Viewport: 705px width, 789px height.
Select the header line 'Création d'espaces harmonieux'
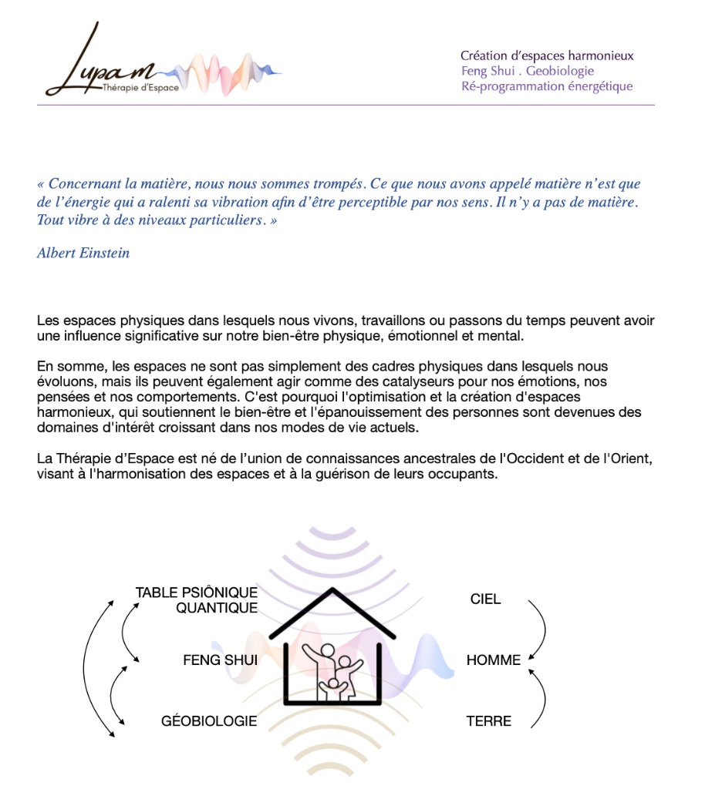547,55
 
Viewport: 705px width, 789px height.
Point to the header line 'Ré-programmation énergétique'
546,86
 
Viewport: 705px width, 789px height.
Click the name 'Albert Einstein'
83,253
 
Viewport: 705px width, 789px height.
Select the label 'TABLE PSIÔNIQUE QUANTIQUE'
197,600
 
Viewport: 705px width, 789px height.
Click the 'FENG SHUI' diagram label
220,660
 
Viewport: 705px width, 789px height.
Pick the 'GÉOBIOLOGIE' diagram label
209,721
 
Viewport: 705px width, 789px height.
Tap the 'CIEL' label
485,599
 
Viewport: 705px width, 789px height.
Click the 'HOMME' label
494,660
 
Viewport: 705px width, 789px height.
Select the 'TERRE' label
489,721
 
